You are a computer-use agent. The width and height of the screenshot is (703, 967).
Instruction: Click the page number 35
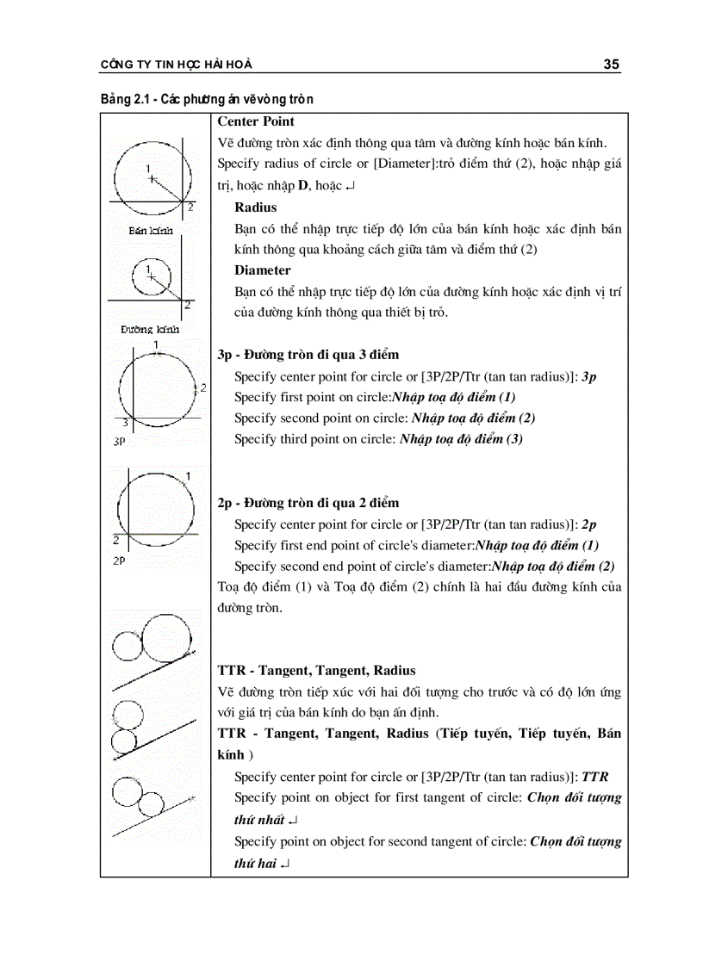click(612, 64)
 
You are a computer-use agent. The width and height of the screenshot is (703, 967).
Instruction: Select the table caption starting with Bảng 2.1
click(207, 100)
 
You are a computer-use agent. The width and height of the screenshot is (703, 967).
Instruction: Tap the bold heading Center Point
click(256, 121)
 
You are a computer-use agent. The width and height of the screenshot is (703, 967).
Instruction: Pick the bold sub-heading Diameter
click(263, 270)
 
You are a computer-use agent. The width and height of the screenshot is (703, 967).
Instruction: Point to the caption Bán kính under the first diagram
click(151, 231)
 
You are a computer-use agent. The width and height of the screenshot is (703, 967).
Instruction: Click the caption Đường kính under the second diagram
click(150, 329)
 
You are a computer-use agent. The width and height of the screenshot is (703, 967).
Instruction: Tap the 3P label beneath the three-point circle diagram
click(121, 440)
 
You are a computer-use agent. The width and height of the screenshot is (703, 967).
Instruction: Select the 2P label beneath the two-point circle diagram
click(120, 559)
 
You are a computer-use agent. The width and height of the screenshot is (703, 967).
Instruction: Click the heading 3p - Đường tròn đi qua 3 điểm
click(308, 355)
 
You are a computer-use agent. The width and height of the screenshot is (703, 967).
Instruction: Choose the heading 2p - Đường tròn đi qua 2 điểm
click(308, 503)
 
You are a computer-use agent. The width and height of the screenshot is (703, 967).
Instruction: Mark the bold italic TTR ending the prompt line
click(595, 776)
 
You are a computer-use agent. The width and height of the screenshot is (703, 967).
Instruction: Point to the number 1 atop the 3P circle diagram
click(156, 345)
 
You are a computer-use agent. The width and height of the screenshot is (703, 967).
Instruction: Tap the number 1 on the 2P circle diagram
click(188, 475)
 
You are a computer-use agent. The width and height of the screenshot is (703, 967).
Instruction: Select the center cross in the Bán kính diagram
click(152, 179)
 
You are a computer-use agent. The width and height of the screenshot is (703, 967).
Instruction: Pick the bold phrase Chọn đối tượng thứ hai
click(575, 841)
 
